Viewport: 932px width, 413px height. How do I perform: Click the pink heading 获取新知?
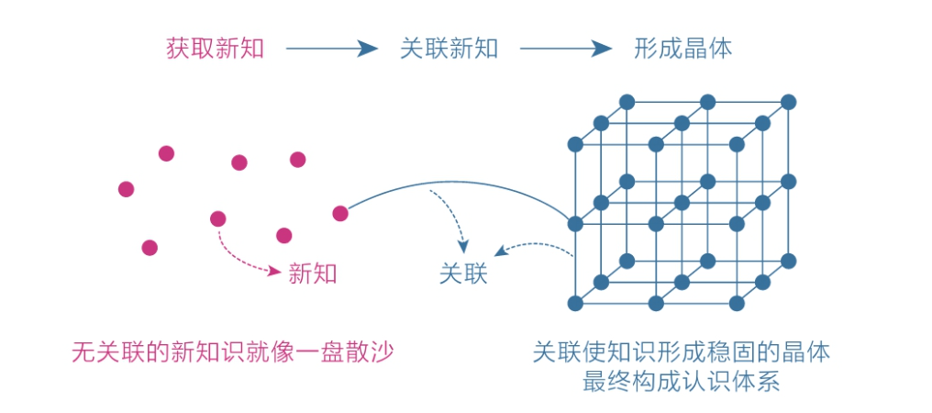point(215,49)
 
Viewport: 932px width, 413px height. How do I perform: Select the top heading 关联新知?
point(449,49)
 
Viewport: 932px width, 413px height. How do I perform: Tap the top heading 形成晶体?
point(682,49)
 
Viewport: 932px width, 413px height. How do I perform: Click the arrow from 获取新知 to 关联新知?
point(331,49)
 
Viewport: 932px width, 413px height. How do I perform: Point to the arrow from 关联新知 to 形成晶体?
point(564,49)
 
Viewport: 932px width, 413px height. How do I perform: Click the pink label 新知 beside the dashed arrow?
point(313,273)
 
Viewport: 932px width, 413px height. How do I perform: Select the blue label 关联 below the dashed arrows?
point(463,273)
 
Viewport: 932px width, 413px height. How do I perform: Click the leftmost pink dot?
point(127,189)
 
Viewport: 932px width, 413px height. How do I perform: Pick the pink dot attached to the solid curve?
point(340,213)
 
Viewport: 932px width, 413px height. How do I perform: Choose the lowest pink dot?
point(150,247)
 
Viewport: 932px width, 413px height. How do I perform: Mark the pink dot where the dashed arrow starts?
point(217,218)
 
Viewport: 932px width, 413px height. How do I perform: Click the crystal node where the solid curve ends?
point(575,224)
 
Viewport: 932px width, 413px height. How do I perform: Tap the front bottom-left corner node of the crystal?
point(575,303)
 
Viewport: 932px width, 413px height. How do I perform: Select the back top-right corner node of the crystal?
point(788,102)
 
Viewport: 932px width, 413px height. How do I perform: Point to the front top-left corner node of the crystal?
point(575,144)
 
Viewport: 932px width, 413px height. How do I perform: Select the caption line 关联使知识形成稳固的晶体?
point(682,352)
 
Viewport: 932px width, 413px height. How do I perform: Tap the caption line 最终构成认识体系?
point(682,382)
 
